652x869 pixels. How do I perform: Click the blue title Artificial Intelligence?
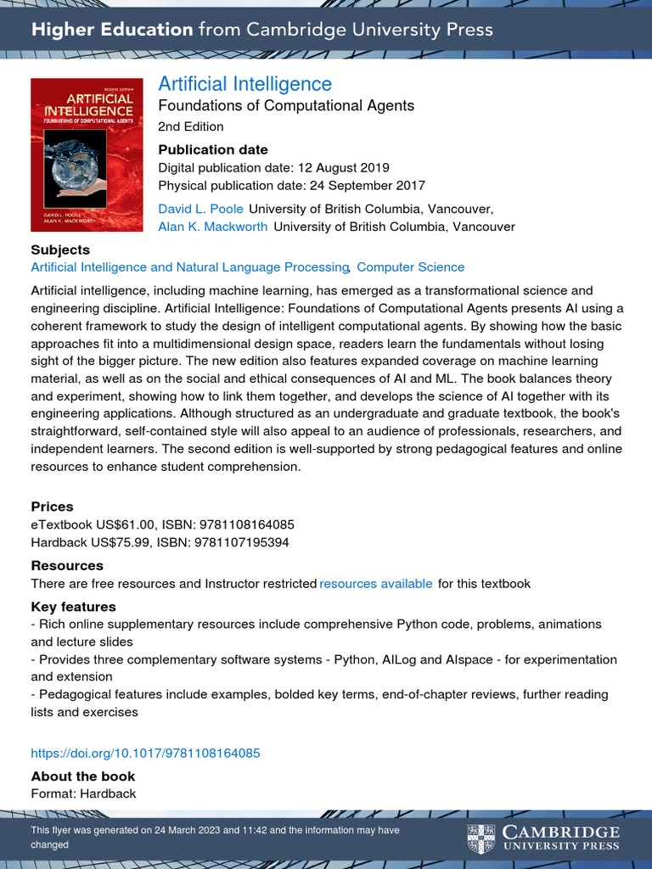click(244, 84)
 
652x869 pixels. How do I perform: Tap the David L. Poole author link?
click(200, 209)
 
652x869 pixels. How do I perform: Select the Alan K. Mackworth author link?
click(212, 227)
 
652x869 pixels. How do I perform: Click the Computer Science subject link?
click(410, 267)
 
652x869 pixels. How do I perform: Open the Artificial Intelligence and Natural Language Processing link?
click(190, 267)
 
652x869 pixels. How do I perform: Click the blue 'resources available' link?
click(375, 583)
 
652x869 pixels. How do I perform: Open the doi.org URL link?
click(145, 753)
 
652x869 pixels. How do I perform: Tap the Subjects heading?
click(60, 249)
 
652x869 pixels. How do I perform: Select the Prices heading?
click(53, 507)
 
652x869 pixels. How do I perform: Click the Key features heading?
click(73, 607)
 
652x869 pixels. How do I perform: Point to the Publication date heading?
click(213, 149)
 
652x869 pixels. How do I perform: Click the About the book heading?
click(83, 776)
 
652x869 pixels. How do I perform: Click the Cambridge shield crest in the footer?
click(480, 838)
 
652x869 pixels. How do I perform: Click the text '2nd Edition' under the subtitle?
click(191, 127)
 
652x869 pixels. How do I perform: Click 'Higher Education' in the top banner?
click(112, 30)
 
